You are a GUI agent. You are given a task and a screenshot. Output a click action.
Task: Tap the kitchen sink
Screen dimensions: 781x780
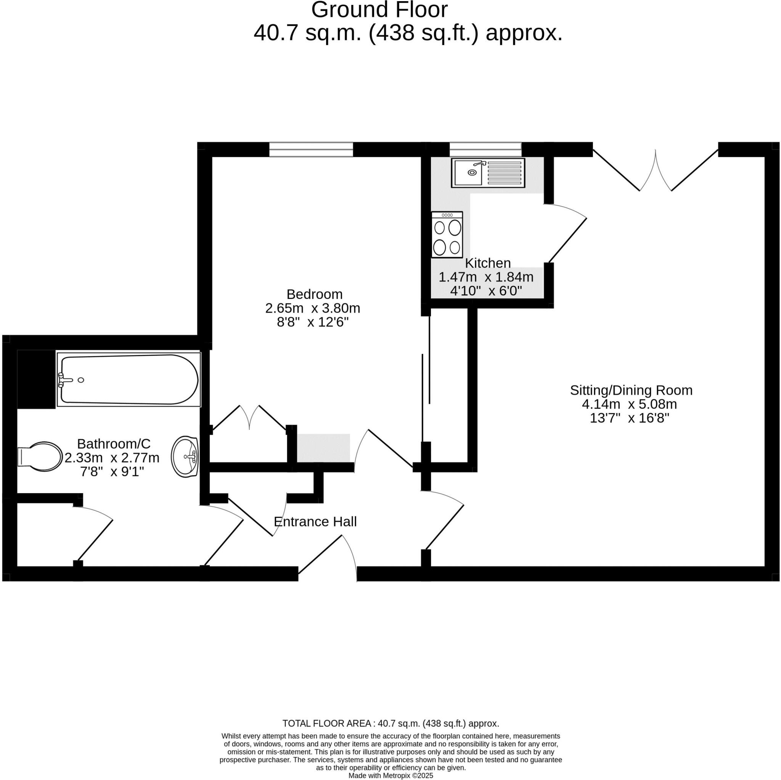[x=488, y=173]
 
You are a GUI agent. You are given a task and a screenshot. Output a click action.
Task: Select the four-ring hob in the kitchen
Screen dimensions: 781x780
[x=447, y=235]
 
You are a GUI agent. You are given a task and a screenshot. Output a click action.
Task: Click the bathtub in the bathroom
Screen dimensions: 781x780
[x=129, y=379]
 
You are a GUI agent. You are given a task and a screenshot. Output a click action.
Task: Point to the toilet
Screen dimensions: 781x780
[x=40, y=457]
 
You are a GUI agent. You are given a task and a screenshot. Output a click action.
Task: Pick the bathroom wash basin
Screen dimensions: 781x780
[x=185, y=456]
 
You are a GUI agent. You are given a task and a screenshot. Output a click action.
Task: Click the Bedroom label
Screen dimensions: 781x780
[x=314, y=294]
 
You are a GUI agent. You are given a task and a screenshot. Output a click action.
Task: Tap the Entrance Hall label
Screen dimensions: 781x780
[x=315, y=522]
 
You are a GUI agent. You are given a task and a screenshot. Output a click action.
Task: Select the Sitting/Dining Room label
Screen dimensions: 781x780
[x=631, y=390]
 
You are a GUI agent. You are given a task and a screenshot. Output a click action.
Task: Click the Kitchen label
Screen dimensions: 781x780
[x=487, y=263]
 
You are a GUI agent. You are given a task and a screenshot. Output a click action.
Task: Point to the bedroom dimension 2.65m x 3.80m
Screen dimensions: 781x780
[x=312, y=308]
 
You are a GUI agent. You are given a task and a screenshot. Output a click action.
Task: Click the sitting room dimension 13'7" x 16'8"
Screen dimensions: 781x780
[x=629, y=418]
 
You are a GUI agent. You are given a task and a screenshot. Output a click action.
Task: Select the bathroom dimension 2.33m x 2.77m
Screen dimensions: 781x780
[x=112, y=458]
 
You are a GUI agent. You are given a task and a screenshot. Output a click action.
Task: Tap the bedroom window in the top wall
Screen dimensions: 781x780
[x=311, y=149]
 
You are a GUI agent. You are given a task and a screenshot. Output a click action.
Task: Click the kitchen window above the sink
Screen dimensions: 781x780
[x=485, y=149]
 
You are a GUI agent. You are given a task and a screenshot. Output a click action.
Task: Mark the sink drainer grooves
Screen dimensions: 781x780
[x=504, y=173]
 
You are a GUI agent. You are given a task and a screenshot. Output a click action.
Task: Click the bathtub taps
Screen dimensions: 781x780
[x=65, y=380]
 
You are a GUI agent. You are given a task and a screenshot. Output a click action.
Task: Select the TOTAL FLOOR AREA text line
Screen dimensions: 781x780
[x=390, y=724]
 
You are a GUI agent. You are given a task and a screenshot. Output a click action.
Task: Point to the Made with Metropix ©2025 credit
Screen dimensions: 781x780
[x=390, y=775]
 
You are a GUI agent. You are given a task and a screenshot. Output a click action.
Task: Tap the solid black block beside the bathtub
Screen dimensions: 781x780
[x=36, y=379]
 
